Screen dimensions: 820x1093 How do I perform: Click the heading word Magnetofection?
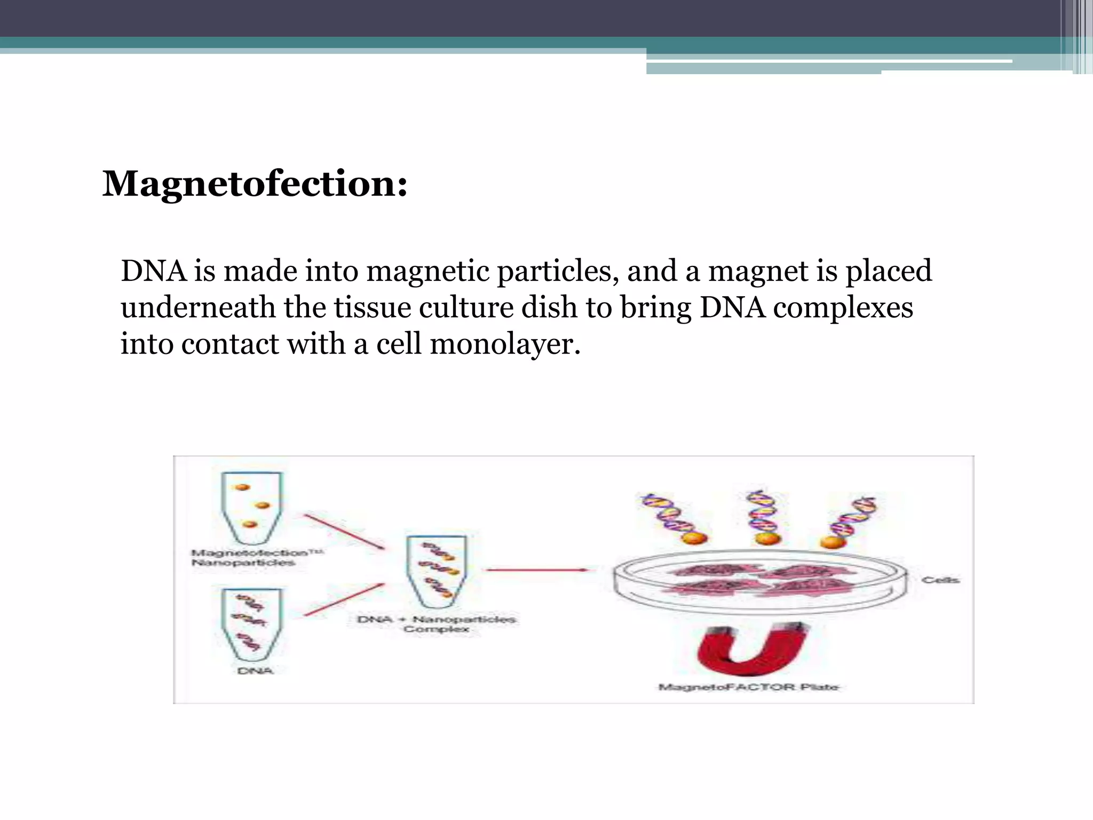click(254, 184)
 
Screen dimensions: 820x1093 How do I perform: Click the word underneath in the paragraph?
click(198, 308)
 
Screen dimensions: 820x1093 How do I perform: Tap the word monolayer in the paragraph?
click(504, 344)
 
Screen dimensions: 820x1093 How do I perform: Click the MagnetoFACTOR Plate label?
click(749, 687)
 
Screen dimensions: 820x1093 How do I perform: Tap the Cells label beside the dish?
click(940, 580)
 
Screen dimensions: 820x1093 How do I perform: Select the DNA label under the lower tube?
click(255, 671)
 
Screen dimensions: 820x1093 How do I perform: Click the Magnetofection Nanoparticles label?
click(256, 558)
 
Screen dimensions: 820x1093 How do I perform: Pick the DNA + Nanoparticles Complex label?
click(436, 624)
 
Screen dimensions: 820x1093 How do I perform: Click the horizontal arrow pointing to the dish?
click(536, 570)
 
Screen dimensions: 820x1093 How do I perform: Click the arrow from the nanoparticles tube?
click(344, 532)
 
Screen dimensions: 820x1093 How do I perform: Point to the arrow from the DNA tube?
click(344, 600)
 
